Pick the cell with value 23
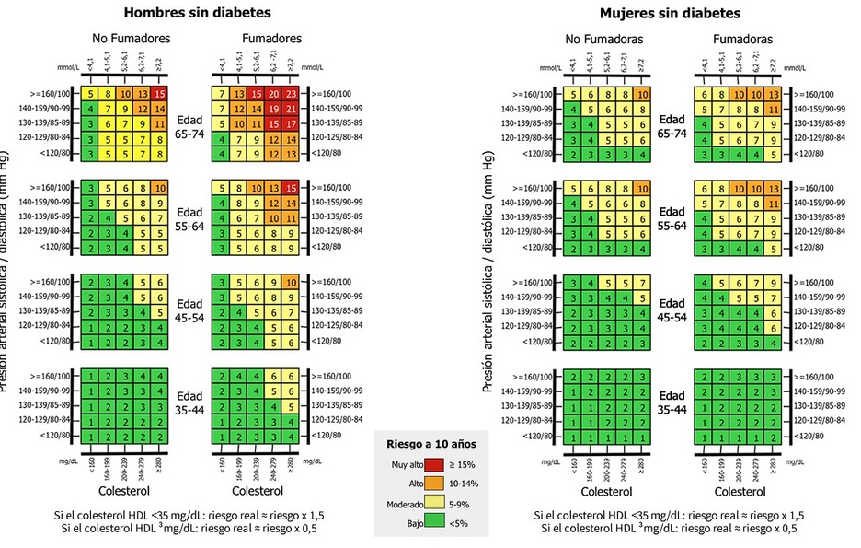pyautogui.click(x=291, y=94)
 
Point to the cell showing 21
pyautogui.click(x=291, y=109)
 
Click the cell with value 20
pyautogui.click(x=274, y=94)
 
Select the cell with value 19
pyautogui.click(x=274, y=109)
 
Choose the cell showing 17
pyautogui.click(x=291, y=123)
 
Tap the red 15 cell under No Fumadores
pyautogui.click(x=159, y=94)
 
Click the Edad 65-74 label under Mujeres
pyautogui.click(x=673, y=123)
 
